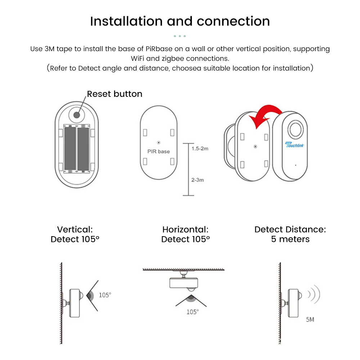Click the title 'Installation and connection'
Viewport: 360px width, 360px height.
coord(180,21)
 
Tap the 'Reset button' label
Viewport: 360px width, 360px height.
coord(114,94)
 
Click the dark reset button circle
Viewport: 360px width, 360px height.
coord(77,115)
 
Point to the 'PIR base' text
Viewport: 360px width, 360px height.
coord(158,151)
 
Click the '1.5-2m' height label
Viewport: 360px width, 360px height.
coord(200,148)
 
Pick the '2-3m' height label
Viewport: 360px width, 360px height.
coord(197,180)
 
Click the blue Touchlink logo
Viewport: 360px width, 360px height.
coord(295,144)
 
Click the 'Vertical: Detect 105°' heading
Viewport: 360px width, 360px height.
coord(75,234)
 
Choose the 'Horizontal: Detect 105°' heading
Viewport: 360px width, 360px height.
coord(185,234)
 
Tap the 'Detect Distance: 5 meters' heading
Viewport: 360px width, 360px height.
coord(290,234)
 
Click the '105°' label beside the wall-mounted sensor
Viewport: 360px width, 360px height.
coord(105,295)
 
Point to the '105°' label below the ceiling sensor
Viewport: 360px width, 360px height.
coord(192,312)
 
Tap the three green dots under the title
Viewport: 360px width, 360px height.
coord(180,36)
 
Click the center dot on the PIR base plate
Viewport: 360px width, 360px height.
coord(159,143)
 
